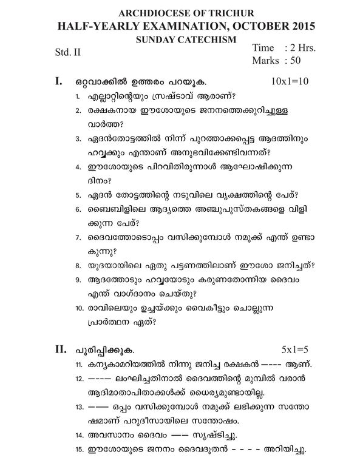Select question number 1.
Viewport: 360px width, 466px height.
(x=78, y=98)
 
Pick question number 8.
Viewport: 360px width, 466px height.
(x=78, y=266)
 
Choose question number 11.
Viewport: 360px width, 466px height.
(x=80, y=365)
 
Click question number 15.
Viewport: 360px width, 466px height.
(x=80, y=450)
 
